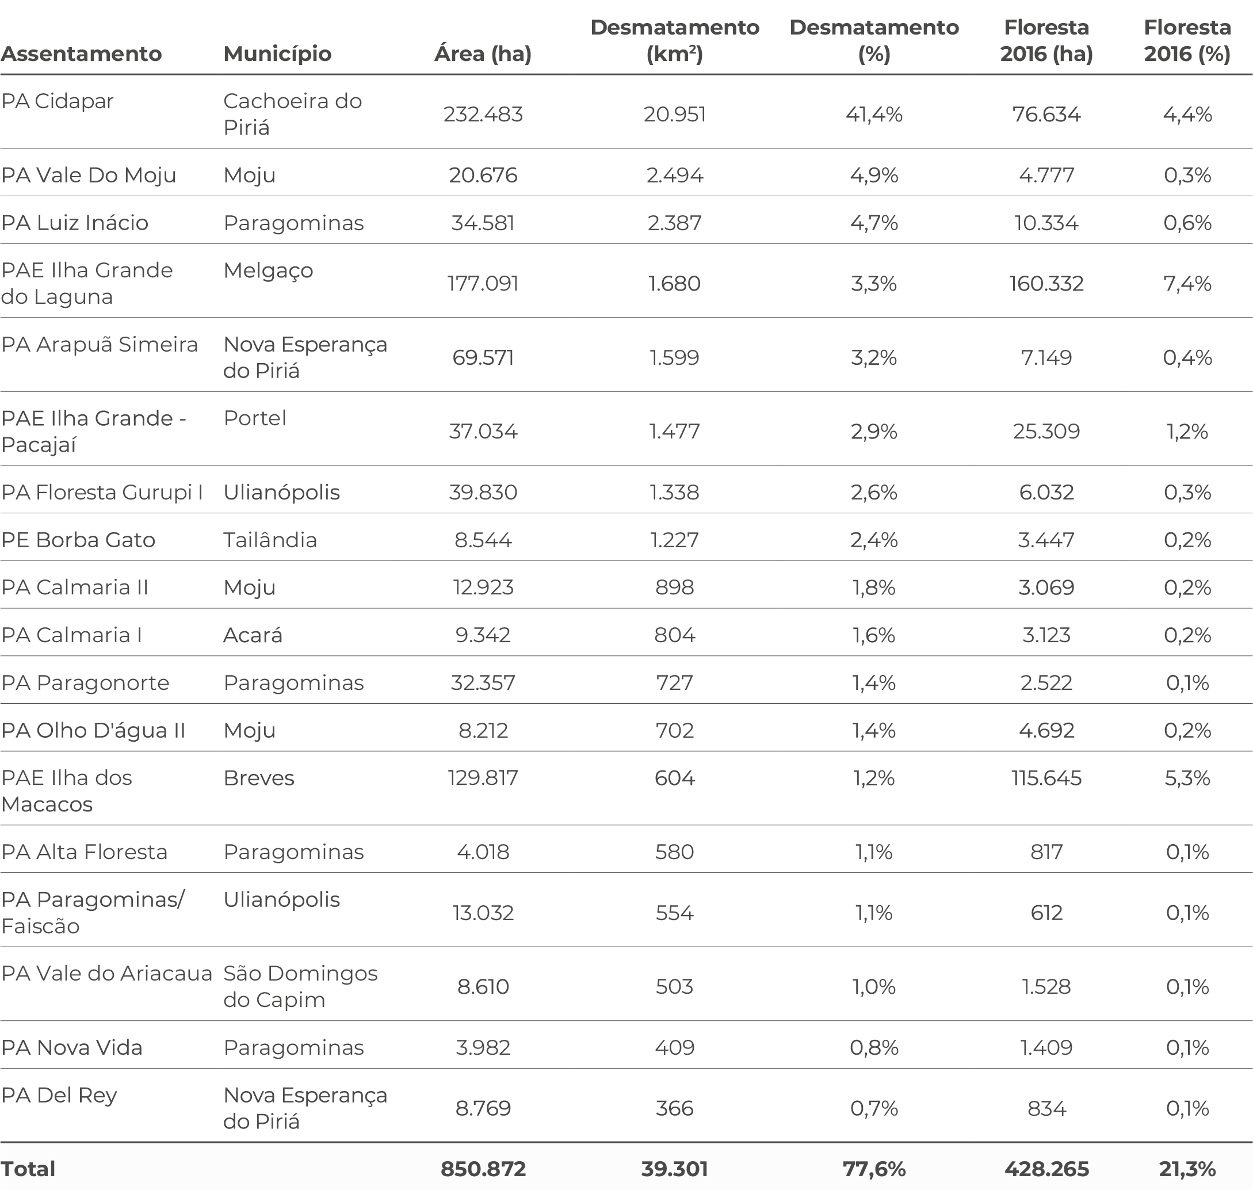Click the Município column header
(x=277, y=54)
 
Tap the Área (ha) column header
(x=483, y=54)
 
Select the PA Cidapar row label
(x=57, y=101)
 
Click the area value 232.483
(x=483, y=114)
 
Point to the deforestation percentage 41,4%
(x=874, y=114)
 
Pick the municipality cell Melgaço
(x=268, y=271)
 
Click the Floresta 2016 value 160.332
(x=1046, y=283)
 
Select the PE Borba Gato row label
(x=78, y=540)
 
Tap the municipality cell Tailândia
(x=270, y=540)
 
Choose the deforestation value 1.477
(x=674, y=432)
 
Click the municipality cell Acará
(x=253, y=635)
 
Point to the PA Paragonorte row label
(x=85, y=682)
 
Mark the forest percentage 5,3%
(x=1187, y=777)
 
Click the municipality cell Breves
(x=259, y=777)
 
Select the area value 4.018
(x=483, y=851)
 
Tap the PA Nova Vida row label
(x=72, y=1047)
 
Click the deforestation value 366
(x=675, y=1108)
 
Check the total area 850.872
(x=483, y=1169)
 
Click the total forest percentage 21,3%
(x=1187, y=1169)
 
